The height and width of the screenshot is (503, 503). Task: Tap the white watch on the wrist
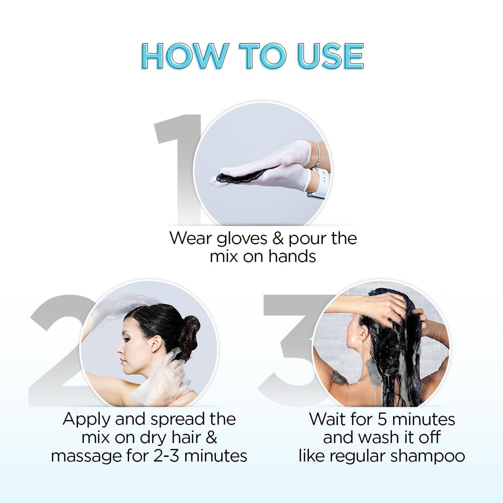[x=322, y=183]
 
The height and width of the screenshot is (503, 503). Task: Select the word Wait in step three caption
[x=327, y=419]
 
